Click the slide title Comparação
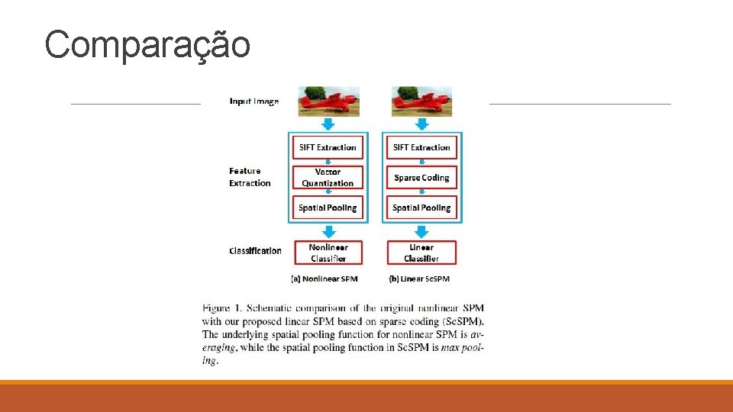(x=147, y=44)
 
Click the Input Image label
(x=254, y=101)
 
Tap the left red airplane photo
(x=328, y=101)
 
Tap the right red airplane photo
(x=421, y=101)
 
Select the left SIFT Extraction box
(x=328, y=147)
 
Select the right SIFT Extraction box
(x=421, y=147)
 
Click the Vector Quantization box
(x=328, y=178)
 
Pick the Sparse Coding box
(x=421, y=178)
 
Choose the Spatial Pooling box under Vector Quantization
(x=328, y=208)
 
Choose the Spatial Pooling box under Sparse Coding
(x=421, y=208)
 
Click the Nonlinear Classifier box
(x=328, y=253)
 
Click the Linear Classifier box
(x=421, y=253)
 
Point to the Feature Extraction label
(x=250, y=177)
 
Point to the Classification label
(x=255, y=251)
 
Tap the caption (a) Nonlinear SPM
(x=325, y=279)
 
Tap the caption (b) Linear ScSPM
(x=419, y=279)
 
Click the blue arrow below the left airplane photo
(x=328, y=124)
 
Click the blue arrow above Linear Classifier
(x=421, y=231)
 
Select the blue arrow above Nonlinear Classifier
(x=328, y=231)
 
